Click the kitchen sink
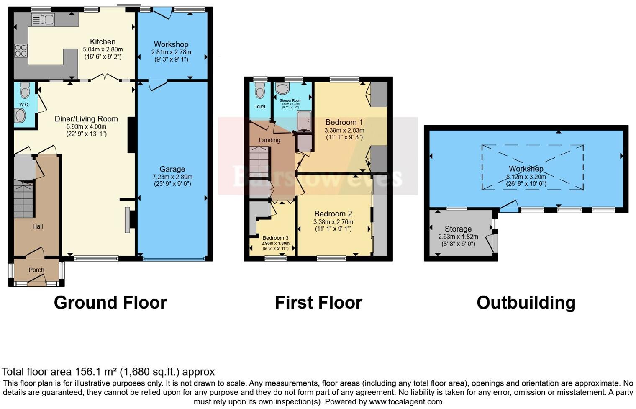point(43,19)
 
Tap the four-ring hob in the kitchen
point(21,51)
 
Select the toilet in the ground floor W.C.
point(25,90)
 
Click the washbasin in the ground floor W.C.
point(20,116)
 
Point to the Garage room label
point(172,169)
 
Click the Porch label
point(36,270)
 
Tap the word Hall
point(38,226)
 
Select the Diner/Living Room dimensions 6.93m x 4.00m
point(86,126)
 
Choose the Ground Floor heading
point(110,303)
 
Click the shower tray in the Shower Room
point(304,121)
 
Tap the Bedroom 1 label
point(344,122)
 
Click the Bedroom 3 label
point(275,238)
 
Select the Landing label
point(269,140)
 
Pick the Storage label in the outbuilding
point(458,229)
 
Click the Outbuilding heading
point(526,303)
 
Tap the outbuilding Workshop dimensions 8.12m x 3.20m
point(526,176)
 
